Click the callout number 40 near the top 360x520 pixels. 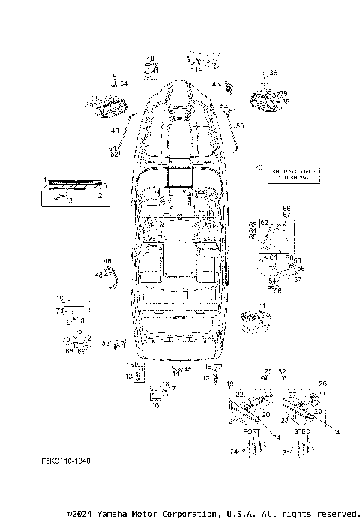click(x=150, y=59)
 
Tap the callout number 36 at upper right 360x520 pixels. click(x=273, y=73)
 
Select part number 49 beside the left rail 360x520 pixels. click(x=115, y=130)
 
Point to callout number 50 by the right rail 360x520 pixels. click(x=240, y=125)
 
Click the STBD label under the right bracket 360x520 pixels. click(x=300, y=432)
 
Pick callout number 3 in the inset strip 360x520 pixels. click(x=70, y=201)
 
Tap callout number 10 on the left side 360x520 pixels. click(x=60, y=298)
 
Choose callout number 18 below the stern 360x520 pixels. click(x=166, y=383)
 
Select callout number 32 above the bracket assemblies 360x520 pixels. click(x=282, y=371)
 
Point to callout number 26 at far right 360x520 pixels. click(x=323, y=383)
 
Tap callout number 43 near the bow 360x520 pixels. click(x=216, y=84)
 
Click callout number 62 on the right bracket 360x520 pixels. click(x=263, y=223)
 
